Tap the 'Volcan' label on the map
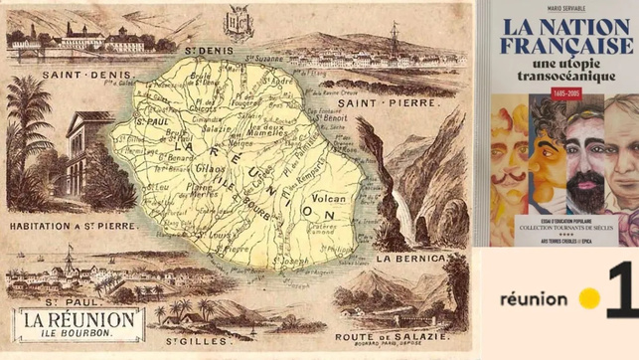pos(329,198)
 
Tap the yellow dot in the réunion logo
pos(589,298)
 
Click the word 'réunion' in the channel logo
pos(534,298)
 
